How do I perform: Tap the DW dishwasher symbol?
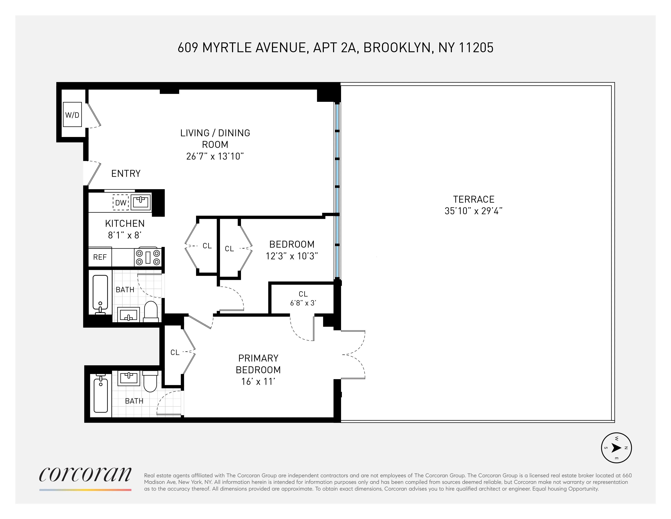(121, 203)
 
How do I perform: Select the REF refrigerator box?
(100, 257)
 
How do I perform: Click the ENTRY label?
(126, 173)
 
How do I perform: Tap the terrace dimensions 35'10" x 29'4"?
(473, 211)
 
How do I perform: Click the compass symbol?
(616, 448)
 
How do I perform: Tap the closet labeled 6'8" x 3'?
(303, 298)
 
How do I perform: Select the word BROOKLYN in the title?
(399, 48)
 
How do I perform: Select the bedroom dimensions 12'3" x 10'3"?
(292, 256)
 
